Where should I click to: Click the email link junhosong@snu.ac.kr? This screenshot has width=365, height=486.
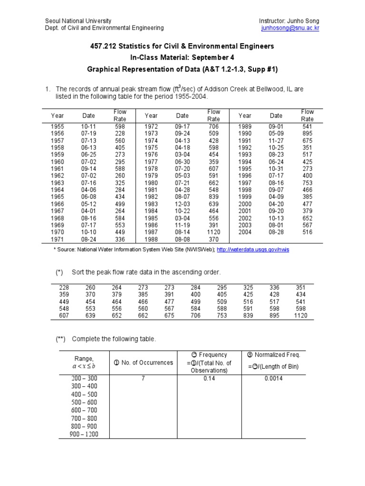(290, 28)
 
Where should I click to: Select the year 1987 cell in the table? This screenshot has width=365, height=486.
(151, 232)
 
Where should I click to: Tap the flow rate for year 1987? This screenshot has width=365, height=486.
(213, 232)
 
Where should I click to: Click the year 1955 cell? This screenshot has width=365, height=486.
(57, 127)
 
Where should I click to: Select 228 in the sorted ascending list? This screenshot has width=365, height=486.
(64, 288)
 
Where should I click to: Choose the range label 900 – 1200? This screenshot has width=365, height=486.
(84, 434)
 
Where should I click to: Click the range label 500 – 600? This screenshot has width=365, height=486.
(84, 402)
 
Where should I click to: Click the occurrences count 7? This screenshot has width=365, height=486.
(142, 378)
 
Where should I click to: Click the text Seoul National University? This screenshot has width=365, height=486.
(78, 21)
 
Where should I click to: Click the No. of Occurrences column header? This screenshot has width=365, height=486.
(143, 363)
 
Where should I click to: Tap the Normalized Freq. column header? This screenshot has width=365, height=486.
(273, 355)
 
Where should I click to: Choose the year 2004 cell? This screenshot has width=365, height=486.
(245, 232)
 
